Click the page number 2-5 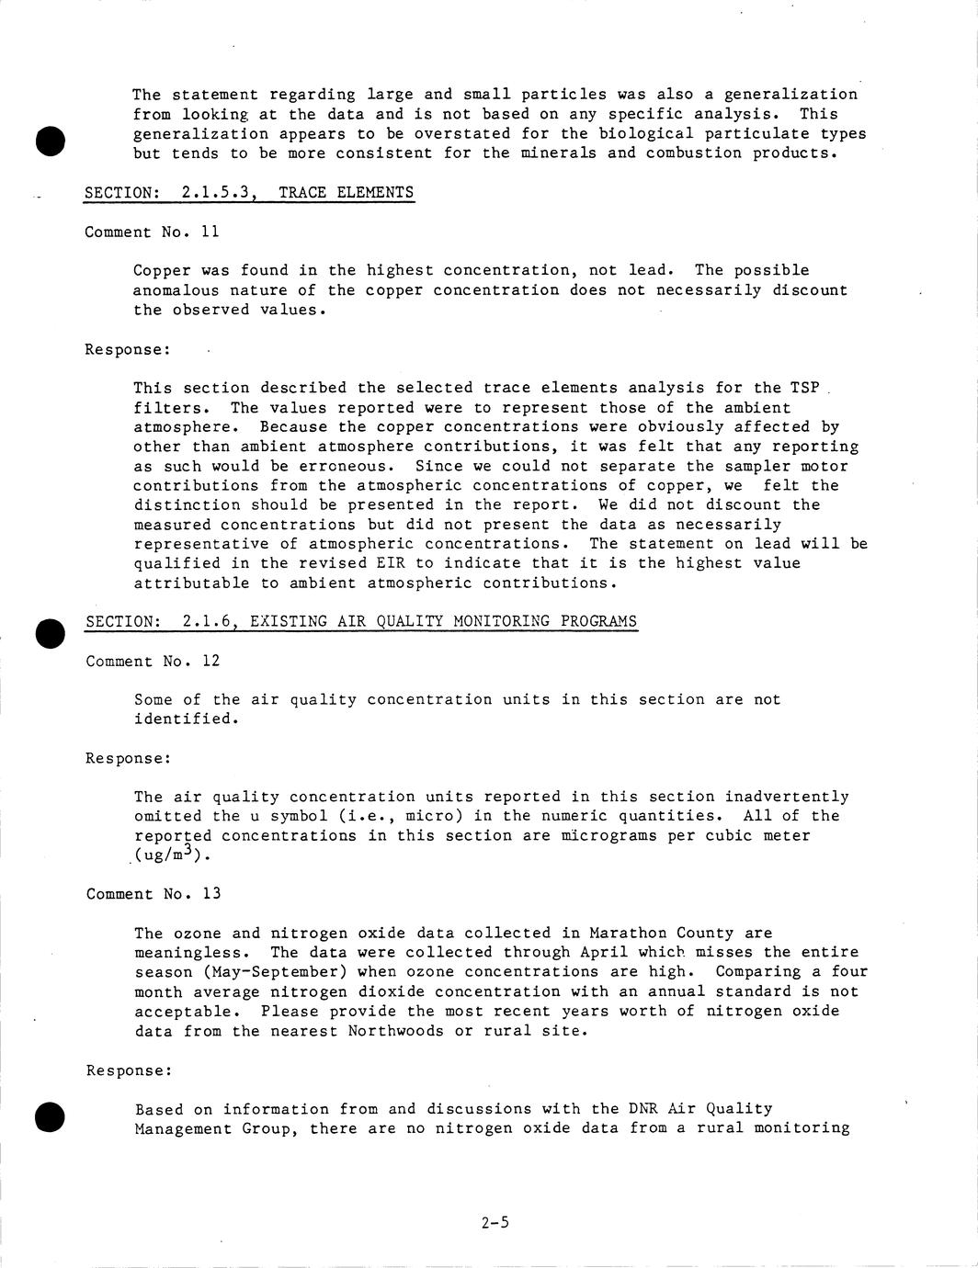(495, 1223)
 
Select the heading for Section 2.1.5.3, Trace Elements (249, 193)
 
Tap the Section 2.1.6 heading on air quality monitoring (361, 622)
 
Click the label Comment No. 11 (152, 232)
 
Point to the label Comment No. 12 (153, 662)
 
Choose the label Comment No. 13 (154, 894)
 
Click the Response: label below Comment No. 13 (129, 1070)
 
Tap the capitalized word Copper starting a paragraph (162, 270)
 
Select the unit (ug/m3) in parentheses (172, 855)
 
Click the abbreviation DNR (643, 1109)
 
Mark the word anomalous (176, 290)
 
